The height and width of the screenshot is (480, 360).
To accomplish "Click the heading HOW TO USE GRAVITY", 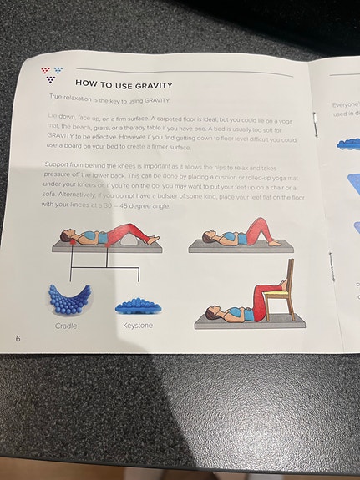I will pyautogui.click(x=123, y=83).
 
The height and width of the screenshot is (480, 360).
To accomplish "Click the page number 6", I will pyautogui.click(x=18, y=338).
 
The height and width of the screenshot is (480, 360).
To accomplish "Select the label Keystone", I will pyautogui.click(x=138, y=325).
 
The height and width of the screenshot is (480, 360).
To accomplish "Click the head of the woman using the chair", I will pyautogui.click(x=209, y=314).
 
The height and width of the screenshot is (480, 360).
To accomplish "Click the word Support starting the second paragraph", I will pyautogui.click(x=58, y=164).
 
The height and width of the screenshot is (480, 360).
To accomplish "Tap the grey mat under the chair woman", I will pyautogui.click(x=242, y=323).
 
